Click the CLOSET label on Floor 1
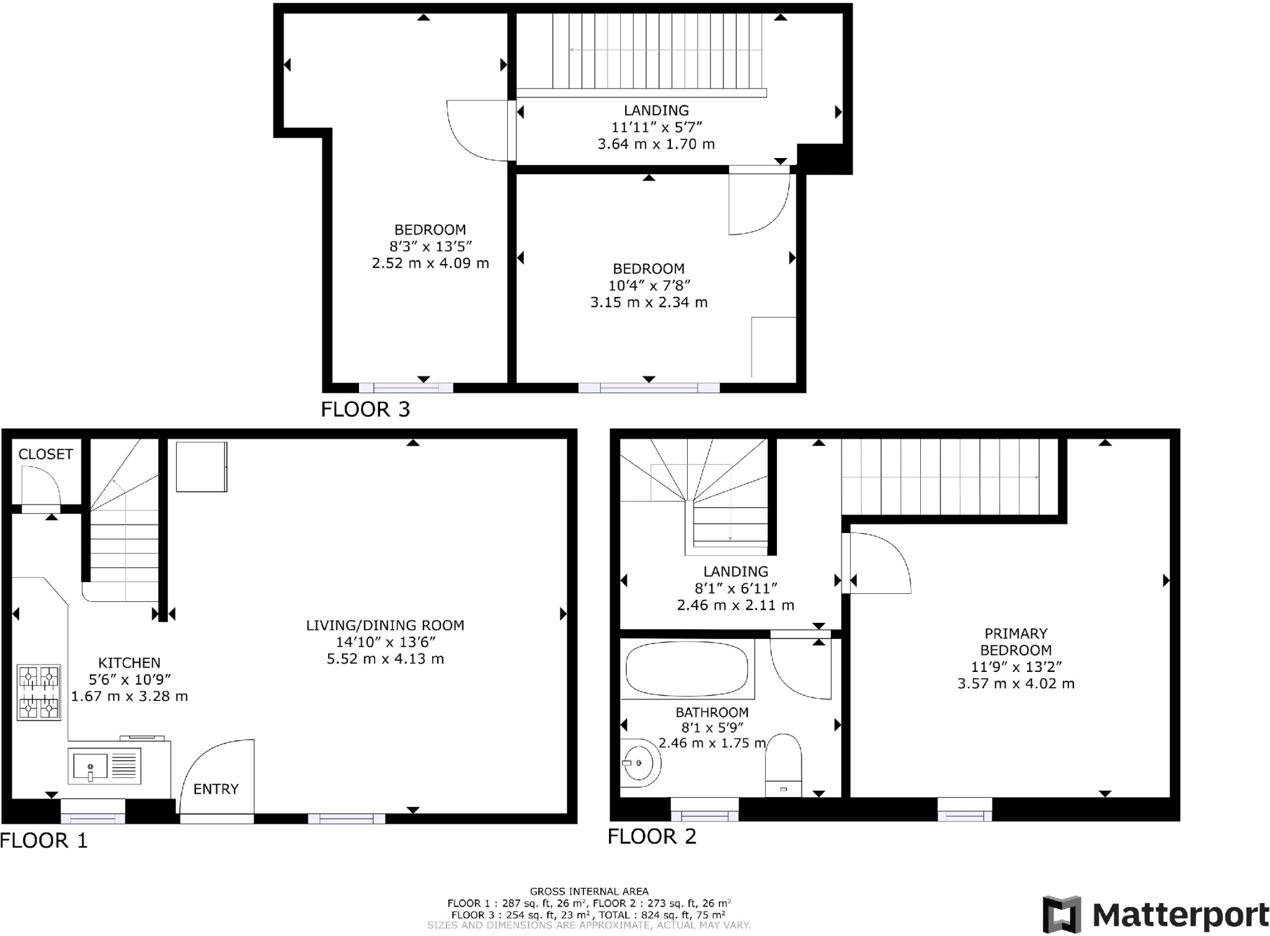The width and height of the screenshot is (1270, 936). tap(45, 454)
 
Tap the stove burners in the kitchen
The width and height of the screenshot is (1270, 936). tap(38, 692)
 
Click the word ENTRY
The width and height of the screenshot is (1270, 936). tap(216, 789)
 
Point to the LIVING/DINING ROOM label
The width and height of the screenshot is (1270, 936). tap(385, 625)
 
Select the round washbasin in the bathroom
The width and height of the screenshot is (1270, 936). tap(639, 763)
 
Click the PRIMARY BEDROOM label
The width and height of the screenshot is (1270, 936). tap(1016, 642)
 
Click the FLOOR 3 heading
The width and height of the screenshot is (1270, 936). tap(365, 409)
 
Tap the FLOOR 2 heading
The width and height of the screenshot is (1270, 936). tap(652, 836)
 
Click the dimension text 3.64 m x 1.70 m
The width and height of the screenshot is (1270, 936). tap(656, 144)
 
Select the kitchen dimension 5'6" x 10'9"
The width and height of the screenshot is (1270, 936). tap(129, 679)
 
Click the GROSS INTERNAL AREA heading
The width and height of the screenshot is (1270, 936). tap(588, 891)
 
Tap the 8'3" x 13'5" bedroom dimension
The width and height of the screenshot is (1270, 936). tap(430, 246)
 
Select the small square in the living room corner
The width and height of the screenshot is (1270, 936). tap(202, 466)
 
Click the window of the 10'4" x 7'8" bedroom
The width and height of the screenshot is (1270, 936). tap(649, 388)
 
